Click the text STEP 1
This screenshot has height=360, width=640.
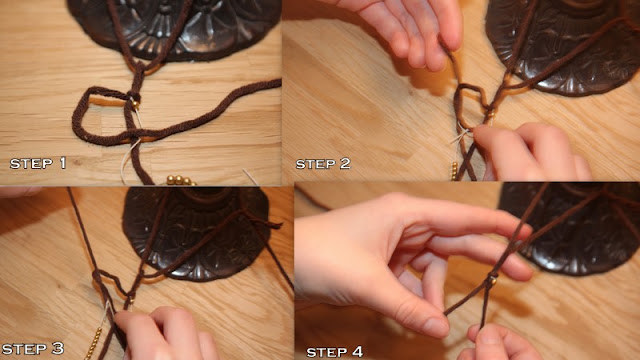pos(38,163)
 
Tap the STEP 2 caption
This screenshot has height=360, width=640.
pos(323,164)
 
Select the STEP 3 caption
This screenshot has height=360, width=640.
pos(33,349)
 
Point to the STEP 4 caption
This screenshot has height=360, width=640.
pos(334,351)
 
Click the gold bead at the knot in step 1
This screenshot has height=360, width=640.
pos(135,104)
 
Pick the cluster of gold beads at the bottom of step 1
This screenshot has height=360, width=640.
pos(181,180)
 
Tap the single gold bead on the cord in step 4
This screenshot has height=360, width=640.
pos(493,280)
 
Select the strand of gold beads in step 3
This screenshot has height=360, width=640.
pos(94,343)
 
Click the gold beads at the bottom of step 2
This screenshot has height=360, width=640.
pos(454,171)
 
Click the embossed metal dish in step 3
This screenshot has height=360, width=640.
pos(196,233)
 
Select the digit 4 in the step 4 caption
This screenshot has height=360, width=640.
pos(357,351)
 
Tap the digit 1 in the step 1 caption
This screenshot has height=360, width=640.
pos(63,163)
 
